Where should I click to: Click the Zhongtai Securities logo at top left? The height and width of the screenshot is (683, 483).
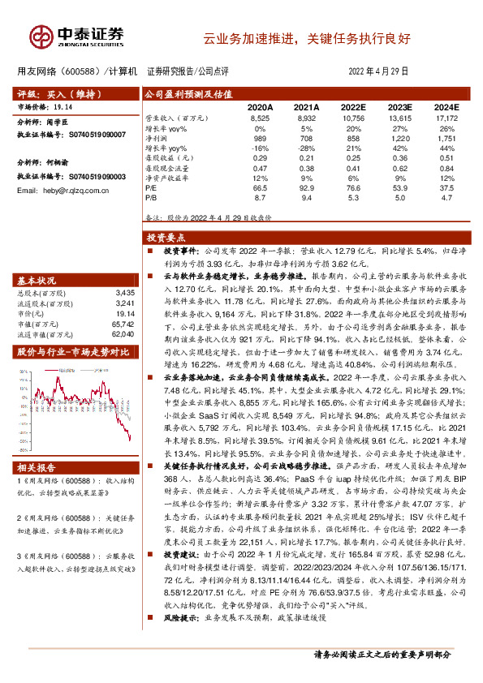[x=76, y=35]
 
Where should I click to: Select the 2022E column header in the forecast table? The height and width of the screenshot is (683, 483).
[x=353, y=107]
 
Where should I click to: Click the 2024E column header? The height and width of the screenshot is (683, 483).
[x=446, y=107]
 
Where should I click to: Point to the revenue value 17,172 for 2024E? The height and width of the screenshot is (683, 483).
[x=446, y=118]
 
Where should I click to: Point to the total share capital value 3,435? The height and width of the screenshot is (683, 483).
[x=124, y=292]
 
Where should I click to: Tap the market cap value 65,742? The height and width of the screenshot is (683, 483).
[x=123, y=323]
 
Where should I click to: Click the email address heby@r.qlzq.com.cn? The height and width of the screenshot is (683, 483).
[x=71, y=190]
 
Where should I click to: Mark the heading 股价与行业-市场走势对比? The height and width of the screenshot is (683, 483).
[x=73, y=351]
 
